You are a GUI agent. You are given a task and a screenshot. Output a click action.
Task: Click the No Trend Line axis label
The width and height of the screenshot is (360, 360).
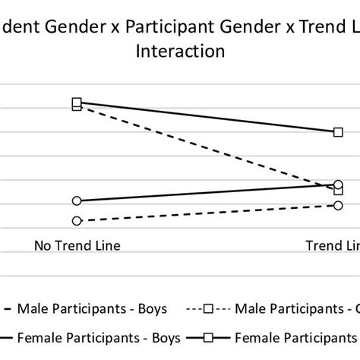coord(77,245)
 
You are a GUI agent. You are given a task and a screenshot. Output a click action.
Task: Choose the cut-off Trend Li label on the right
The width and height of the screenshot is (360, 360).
coord(333,245)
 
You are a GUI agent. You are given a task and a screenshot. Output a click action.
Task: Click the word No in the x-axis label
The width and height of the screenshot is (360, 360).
coord(43,245)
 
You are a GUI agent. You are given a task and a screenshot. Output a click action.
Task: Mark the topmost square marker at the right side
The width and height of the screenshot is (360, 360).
coord(339,131)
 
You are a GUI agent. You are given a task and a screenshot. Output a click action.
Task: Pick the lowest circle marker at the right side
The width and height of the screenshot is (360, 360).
coord(339,205)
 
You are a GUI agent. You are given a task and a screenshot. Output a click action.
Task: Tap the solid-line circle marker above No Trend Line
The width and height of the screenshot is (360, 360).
coord(77,201)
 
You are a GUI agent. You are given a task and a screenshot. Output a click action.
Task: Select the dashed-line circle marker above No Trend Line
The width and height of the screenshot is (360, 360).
coord(77,221)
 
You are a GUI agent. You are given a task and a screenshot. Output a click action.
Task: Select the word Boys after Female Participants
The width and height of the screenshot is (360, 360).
coord(165,336)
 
